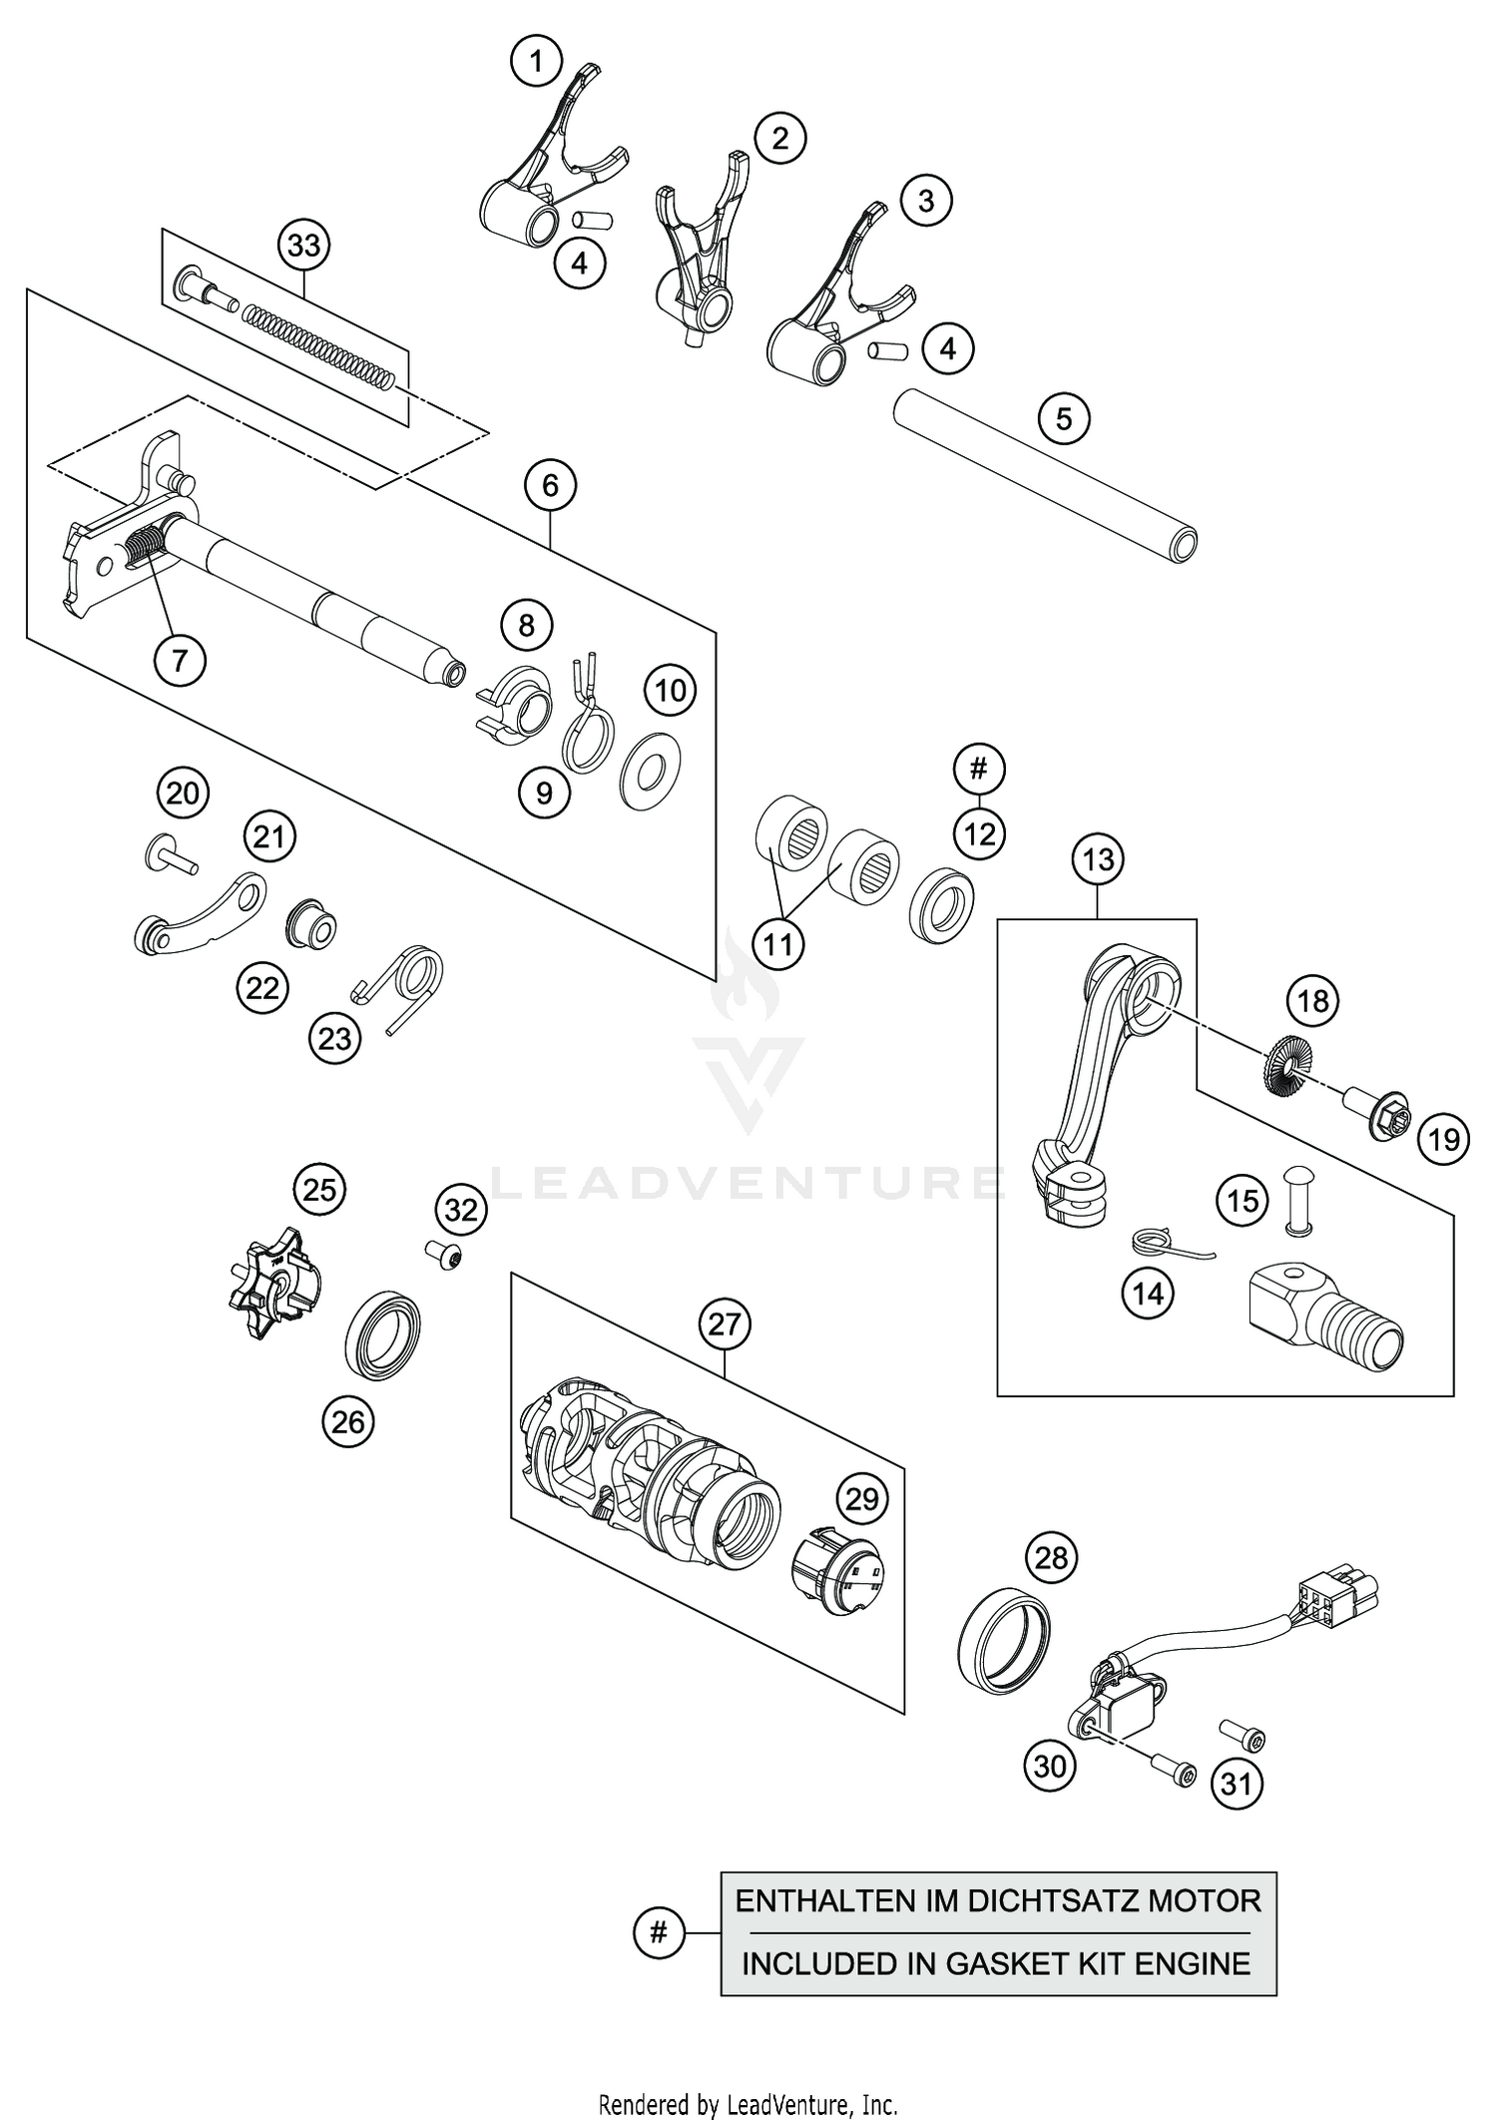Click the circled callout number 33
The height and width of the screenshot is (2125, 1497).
[x=304, y=245]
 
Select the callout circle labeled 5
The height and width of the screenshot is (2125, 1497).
[x=1063, y=418]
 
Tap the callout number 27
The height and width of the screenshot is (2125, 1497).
[x=725, y=1325]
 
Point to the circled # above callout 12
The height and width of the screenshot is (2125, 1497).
[x=979, y=769]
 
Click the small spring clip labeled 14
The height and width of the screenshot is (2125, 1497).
[x=1161, y=1244]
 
